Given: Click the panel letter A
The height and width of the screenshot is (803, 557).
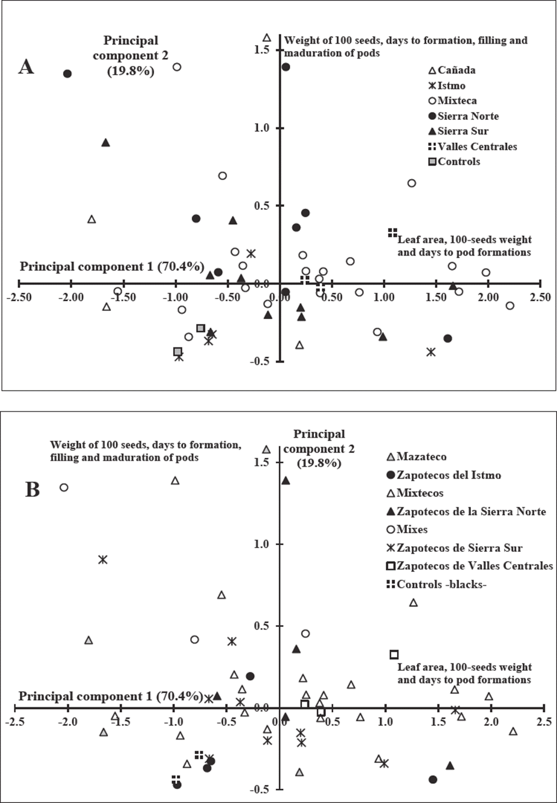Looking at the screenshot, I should (26, 67).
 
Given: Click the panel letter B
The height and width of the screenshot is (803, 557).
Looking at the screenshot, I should (33, 489).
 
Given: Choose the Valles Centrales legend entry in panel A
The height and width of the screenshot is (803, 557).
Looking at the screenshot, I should (472, 147).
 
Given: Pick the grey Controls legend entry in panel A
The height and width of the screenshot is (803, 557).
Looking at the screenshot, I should (454, 161).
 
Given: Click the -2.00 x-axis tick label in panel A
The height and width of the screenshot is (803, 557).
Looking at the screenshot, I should (71, 297).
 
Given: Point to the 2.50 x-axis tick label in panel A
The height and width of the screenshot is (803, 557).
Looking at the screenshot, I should (540, 297).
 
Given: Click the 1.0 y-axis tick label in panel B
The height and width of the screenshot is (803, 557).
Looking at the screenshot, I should (263, 544).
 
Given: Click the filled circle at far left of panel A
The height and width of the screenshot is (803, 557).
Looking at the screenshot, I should (67, 74).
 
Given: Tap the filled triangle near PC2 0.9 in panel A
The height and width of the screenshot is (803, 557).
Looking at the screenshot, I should (106, 143).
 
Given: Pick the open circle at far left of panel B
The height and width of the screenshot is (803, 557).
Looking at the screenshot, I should (64, 487).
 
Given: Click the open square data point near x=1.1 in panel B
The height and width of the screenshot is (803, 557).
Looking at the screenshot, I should (394, 655).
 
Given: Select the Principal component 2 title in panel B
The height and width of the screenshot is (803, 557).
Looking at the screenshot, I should (319, 449).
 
